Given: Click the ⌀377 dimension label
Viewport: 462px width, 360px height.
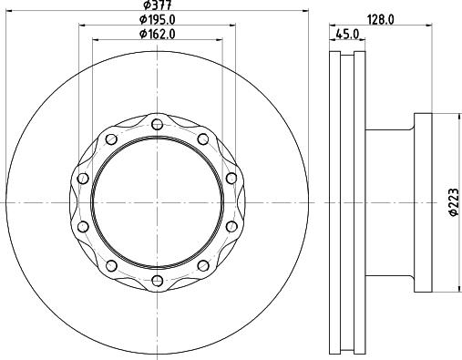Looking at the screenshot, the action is [x=158, y=5].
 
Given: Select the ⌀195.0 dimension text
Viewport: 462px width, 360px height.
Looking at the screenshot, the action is [x=158, y=20].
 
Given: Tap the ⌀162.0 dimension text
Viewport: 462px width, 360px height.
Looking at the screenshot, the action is [x=158, y=34].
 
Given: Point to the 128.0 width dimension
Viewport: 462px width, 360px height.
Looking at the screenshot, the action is [x=381, y=20].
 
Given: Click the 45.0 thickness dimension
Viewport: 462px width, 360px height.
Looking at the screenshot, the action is [x=347, y=34].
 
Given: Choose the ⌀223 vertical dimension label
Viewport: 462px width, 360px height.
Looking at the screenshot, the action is [x=454, y=202].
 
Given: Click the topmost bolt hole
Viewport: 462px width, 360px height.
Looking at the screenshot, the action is [x=157, y=124].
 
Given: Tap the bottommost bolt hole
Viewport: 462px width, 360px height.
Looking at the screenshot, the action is [x=157, y=281].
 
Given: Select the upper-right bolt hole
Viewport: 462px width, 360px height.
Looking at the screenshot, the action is [x=203, y=139].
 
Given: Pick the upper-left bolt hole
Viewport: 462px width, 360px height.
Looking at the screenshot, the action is [x=111, y=139].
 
